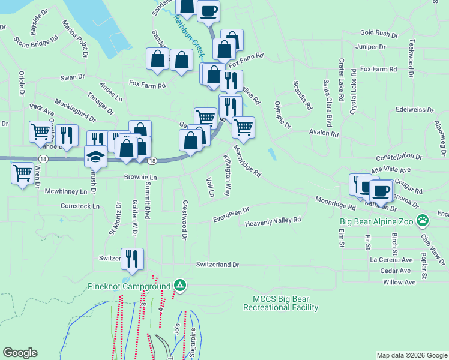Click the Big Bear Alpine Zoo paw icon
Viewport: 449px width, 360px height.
[423, 220]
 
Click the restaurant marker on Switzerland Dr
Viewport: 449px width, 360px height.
[133, 259]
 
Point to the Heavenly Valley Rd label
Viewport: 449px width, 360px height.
[273, 223]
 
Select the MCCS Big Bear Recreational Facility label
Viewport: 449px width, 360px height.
[280, 303]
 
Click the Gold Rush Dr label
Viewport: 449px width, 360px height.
[379, 34]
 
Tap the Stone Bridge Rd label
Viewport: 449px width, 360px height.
[36, 40]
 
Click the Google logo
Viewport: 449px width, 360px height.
[20, 353]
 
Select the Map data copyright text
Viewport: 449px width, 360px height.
[411, 355]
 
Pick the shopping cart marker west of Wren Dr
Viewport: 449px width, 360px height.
[23, 173]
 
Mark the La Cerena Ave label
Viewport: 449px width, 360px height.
[391, 260]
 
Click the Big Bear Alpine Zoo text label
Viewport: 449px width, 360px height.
[377, 221]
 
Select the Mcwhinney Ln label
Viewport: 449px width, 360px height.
[66, 192]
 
